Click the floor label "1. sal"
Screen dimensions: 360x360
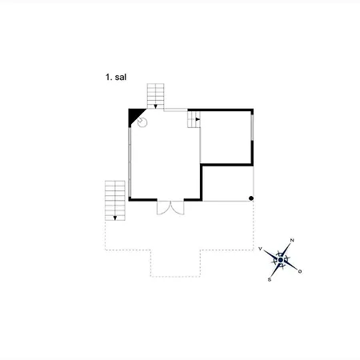(116, 78)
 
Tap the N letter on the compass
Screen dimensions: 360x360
(292, 240)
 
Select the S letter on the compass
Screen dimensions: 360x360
(270, 280)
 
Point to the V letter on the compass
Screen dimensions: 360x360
(260, 249)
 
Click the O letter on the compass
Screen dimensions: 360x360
(300, 271)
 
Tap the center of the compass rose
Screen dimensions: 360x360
(280, 260)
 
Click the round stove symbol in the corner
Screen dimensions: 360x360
(142, 122)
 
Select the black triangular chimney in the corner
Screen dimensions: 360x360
(134, 115)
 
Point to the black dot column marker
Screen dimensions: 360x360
(251, 198)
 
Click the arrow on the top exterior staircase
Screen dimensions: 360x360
(155, 106)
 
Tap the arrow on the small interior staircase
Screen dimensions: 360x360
(198, 119)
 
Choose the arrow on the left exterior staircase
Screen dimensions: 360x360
(115, 218)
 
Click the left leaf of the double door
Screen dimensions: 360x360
(163, 208)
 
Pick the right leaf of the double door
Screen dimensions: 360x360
(178, 208)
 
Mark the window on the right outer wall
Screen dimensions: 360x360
(252, 127)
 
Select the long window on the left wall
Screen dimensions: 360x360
(130, 162)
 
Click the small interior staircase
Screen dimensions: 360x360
(194, 119)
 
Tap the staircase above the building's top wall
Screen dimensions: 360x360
(155, 96)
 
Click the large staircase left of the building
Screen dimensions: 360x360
(115, 201)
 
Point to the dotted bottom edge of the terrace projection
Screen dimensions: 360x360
(175, 277)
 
